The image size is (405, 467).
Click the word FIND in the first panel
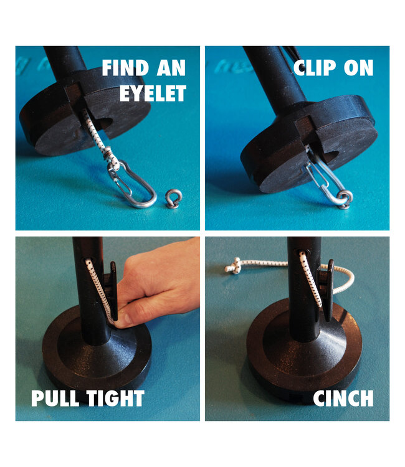tap(126, 68)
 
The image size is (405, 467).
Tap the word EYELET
tap(153, 93)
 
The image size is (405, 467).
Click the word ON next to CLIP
tap(358, 68)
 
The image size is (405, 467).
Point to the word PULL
tap(55, 399)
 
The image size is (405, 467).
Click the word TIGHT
tap(115, 399)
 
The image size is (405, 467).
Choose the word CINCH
tap(343, 399)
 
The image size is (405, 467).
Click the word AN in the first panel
tap(171, 68)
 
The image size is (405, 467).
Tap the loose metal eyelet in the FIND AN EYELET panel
tap(174, 199)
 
